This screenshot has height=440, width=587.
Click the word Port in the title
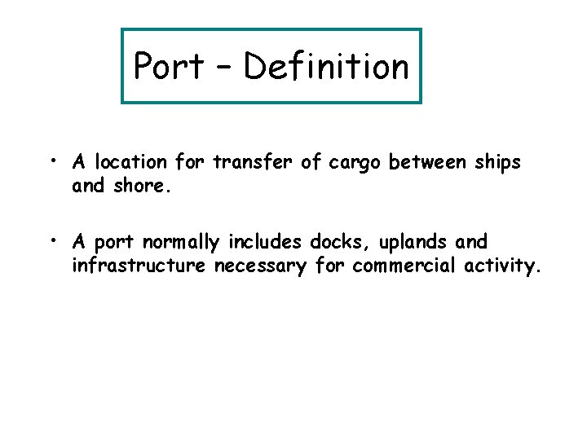[x=169, y=67]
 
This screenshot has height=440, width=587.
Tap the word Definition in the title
[x=326, y=66]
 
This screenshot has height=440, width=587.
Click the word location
[x=130, y=163]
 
